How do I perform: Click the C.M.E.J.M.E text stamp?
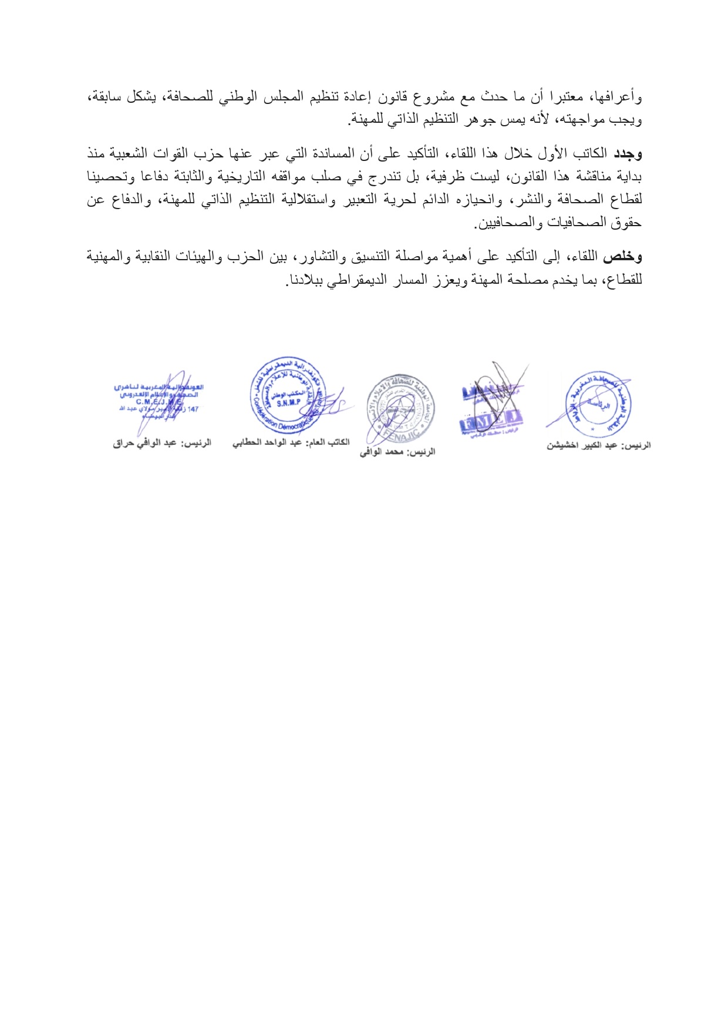click(x=159, y=398)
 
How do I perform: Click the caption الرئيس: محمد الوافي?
click(x=397, y=452)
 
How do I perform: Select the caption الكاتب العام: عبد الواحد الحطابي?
click(x=291, y=442)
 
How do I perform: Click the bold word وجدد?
click(x=628, y=155)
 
